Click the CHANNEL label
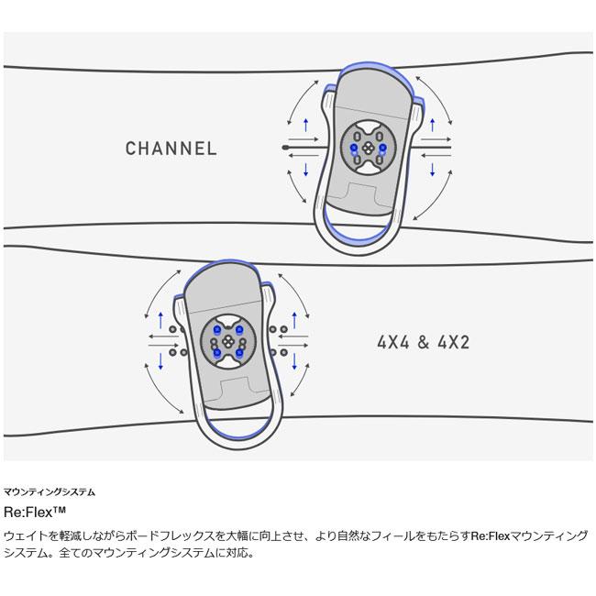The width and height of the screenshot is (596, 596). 171,149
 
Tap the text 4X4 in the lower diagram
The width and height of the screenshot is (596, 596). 393,343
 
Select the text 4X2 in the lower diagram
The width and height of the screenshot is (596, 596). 454,343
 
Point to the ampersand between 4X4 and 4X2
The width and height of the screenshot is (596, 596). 424,343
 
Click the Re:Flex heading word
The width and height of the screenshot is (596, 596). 28,512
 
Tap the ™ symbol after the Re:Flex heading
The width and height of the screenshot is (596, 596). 60,509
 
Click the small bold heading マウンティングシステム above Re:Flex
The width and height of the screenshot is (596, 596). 50,491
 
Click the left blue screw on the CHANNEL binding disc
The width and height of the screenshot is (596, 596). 354,147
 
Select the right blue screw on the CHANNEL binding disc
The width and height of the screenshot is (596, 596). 382,147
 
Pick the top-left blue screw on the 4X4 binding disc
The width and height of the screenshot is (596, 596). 217,329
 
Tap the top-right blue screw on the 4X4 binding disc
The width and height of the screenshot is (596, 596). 239,329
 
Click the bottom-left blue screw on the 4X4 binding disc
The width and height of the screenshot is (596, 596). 217,352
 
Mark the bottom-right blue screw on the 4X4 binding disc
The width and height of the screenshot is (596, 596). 239,352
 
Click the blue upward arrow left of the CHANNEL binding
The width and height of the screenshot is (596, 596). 306,126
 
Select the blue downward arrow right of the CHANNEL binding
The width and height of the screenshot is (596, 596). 432,170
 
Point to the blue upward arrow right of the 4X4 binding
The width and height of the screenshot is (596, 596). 294,319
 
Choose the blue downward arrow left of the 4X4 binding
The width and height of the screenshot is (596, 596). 160,361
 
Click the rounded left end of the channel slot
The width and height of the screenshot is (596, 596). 284,147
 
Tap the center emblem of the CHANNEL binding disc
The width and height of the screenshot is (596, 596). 368,149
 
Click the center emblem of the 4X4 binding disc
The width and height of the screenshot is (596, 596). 228,341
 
